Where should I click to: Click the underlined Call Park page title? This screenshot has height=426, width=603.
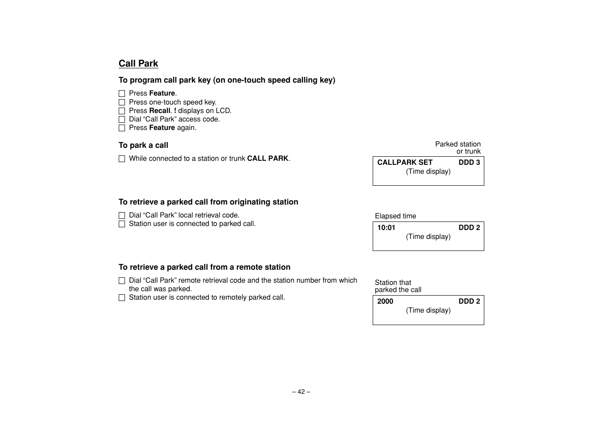pyautogui.click(x=138, y=63)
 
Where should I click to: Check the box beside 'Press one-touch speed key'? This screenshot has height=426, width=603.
pyautogui.click(x=122, y=102)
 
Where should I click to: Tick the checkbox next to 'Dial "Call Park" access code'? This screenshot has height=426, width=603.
pyautogui.click(x=122, y=119)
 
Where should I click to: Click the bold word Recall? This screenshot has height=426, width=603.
pyautogui.click(x=160, y=111)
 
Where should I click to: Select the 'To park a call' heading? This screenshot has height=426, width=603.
pyautogui.click(x=143, y=145)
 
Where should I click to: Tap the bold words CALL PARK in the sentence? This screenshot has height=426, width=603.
pyautogui.click(x=268, y=159)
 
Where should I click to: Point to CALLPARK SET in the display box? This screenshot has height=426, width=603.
pyautogui.click(x=405, y=163)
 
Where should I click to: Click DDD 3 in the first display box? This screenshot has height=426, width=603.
pyautogui.click(x=469, y=163)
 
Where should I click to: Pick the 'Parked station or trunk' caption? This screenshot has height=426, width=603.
pyautogui.click(x=458, y=148)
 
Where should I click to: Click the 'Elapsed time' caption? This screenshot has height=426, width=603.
pyautogui.click(x=395, y=216)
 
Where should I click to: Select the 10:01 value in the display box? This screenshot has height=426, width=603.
pyautogui.click(x=386, y=228)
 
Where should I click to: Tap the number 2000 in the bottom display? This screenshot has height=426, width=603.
pyautogui.click(x=385, y=301)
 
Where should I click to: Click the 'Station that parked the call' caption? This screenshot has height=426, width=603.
pyautogui.click(x=398, y=286)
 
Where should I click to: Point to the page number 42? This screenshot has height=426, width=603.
pyautogui.click(x=301, y=392)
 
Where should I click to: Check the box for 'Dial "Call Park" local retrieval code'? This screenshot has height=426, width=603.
pyautogui.click(x=122, y=215)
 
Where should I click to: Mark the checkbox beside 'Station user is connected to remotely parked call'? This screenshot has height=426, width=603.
pyautogui.click(x=122, y=297)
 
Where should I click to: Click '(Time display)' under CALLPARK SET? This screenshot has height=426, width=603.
pyautogui.click(x=428, y=171)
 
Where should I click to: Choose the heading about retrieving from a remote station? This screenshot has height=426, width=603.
pyautogui.click(x=204, y=267)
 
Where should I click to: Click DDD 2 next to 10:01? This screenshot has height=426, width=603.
pyautogui.click(x=469, y=228)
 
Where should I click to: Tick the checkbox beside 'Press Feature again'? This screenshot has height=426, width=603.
pyautogui.click(x=122, y=128)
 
